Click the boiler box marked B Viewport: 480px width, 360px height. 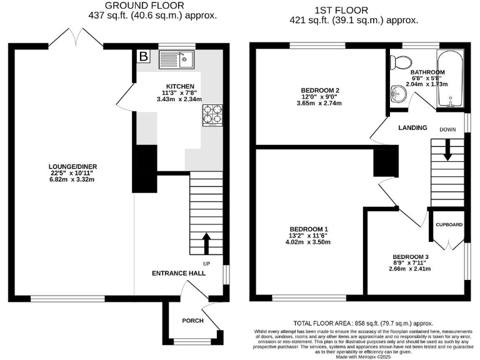pos(143,57)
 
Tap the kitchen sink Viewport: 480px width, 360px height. pos(178,59)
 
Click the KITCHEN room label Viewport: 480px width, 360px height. pos(179,86)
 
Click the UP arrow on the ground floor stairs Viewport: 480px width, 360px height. pos(207,244)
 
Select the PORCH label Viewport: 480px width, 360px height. pos(192,321)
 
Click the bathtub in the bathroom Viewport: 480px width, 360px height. pos(449,79)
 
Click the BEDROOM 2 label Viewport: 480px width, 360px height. pos(319,91)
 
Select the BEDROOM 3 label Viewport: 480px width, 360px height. pos(411,257)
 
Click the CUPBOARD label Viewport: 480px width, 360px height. pos(449,224)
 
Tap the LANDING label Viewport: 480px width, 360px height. pos(412,128)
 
